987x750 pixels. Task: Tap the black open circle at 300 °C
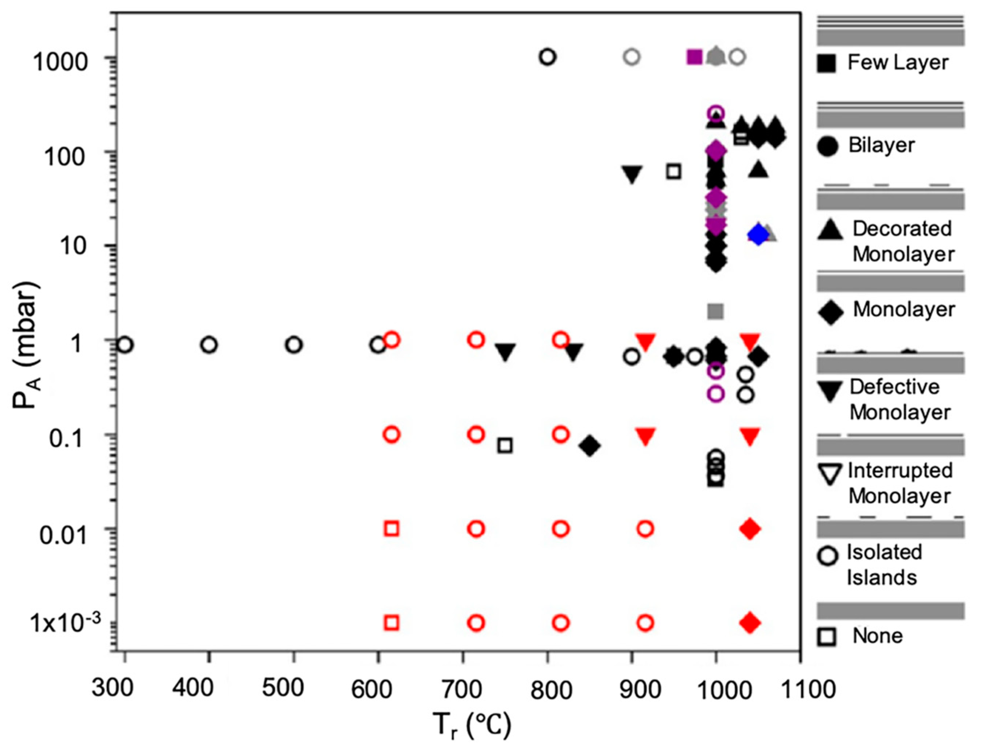pos(125,345)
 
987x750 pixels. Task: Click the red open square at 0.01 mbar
pos(392,529)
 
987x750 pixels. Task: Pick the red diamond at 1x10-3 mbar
pos(750,623)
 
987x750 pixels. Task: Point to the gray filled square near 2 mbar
pos(716,311)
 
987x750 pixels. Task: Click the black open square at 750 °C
pos(505,445)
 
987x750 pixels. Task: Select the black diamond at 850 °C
pos(590,445)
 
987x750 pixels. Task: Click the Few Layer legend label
pos(898,62)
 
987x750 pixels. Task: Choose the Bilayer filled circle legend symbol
pos(828,146)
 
